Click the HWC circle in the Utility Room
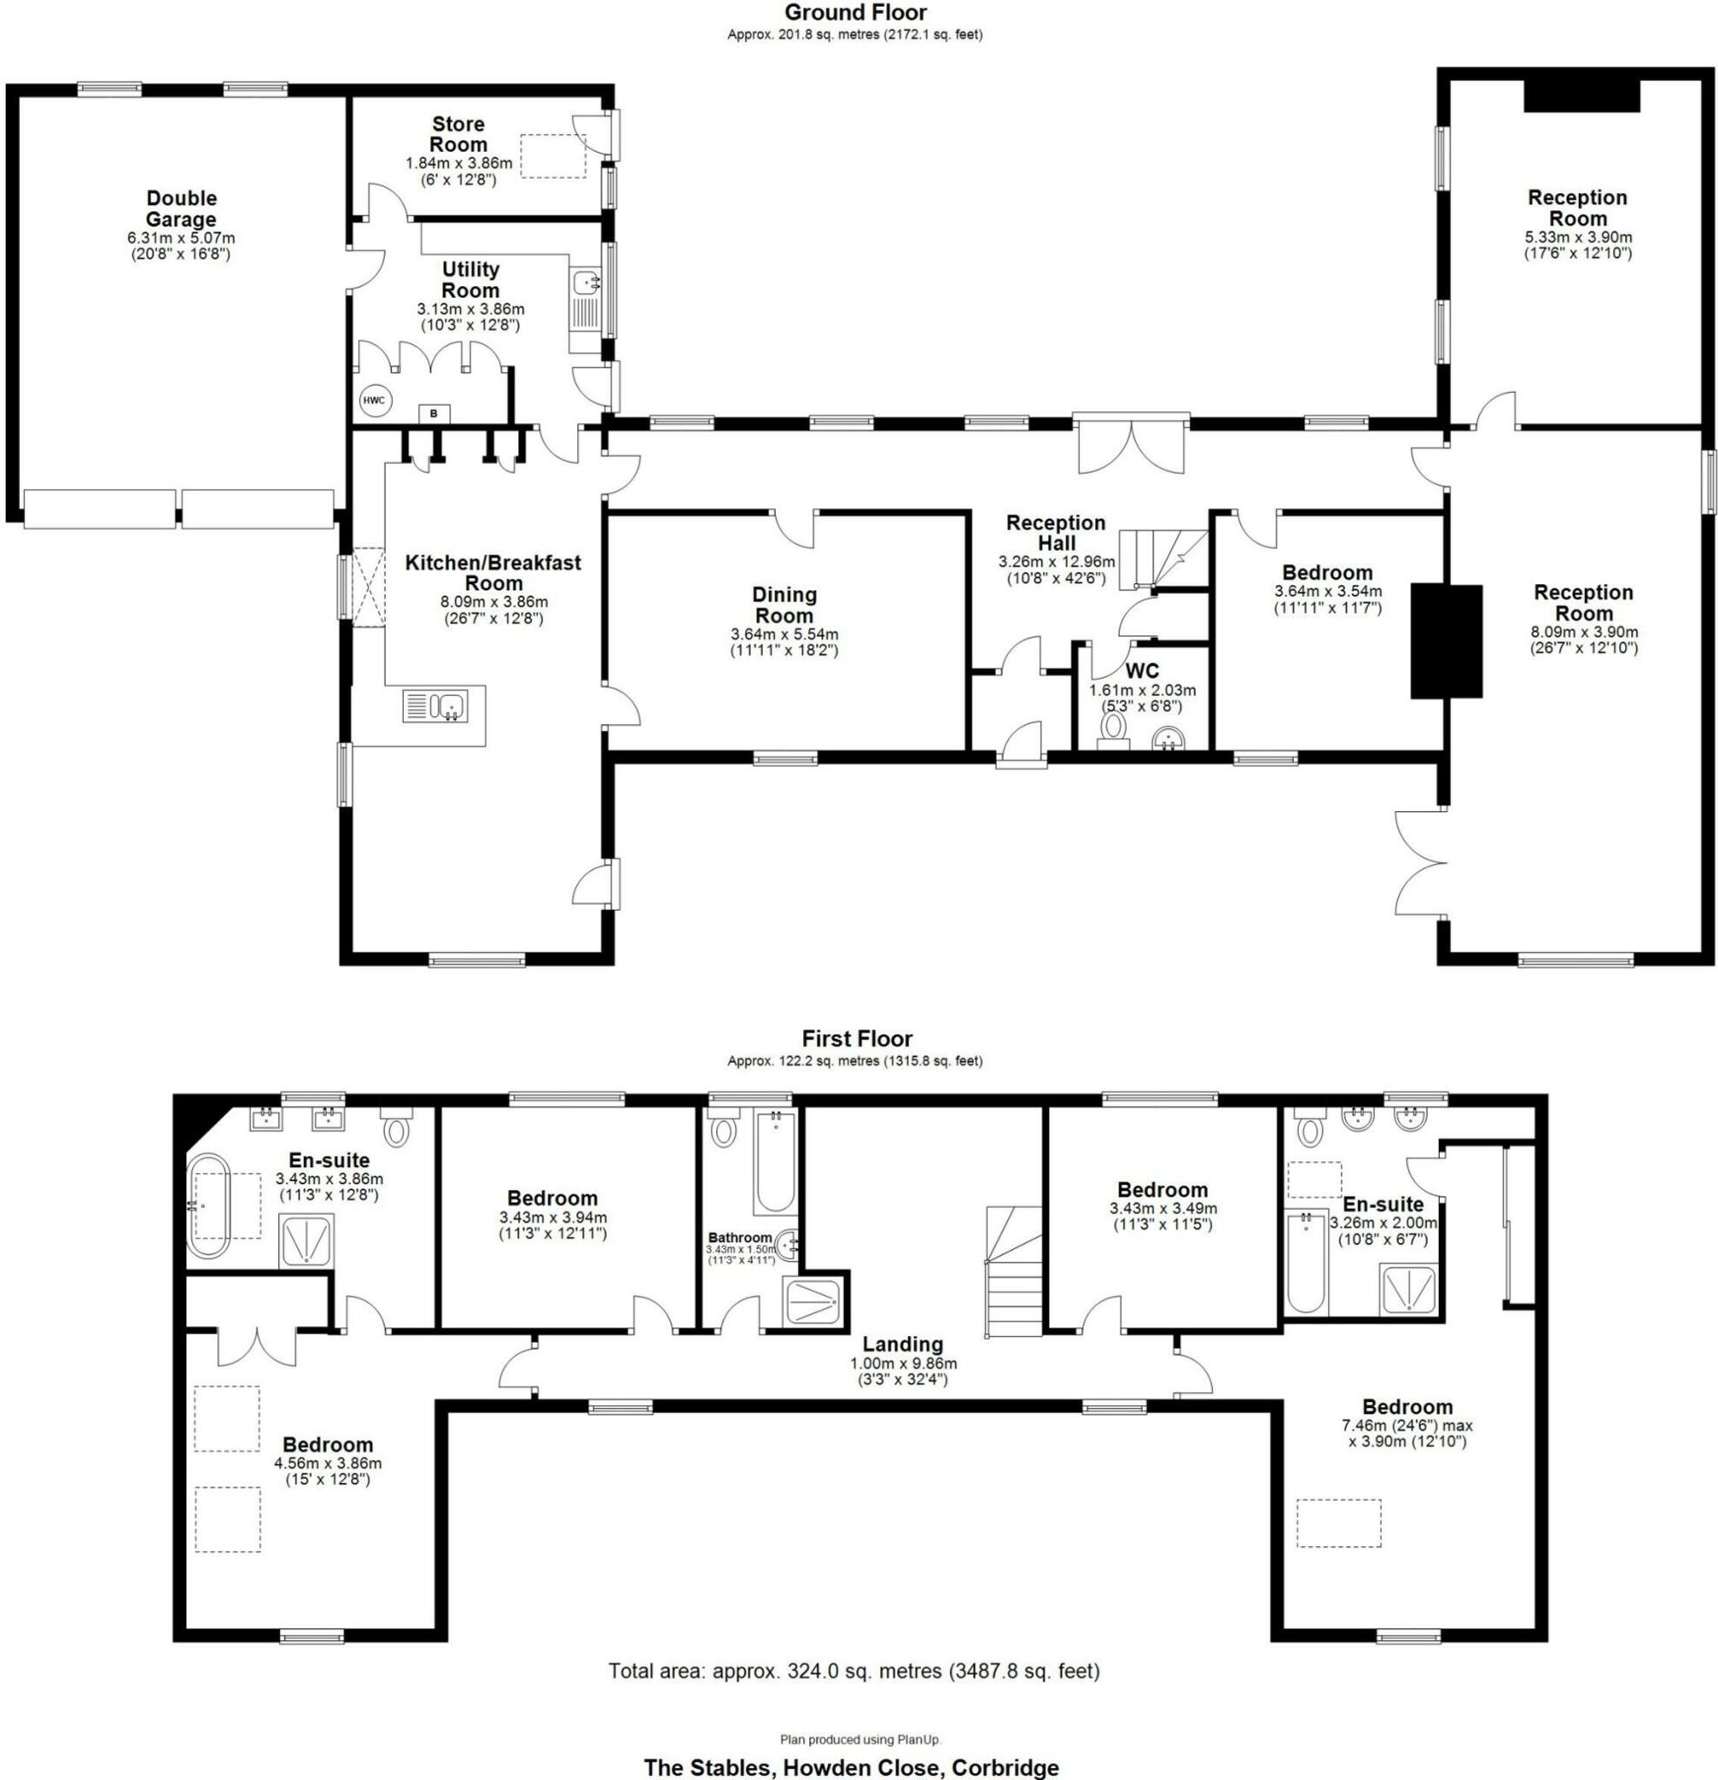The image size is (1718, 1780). point(373,401)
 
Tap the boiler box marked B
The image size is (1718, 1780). point(433,414)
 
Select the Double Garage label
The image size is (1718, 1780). point(182,209)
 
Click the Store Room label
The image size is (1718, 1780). point(458,135)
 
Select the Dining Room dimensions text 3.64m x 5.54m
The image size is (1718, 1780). point(784,634)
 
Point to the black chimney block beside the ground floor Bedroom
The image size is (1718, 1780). point(1446,641)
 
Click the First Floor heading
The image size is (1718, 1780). point(856,1038)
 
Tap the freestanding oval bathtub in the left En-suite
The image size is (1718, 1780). point(209,1206)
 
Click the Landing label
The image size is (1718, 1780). point(902,1344)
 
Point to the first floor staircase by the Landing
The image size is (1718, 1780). point(1013,1270)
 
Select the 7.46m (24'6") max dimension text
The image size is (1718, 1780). point(1407,1425)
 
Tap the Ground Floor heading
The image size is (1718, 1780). point(854,13)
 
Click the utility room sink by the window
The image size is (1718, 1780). point(587,283)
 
